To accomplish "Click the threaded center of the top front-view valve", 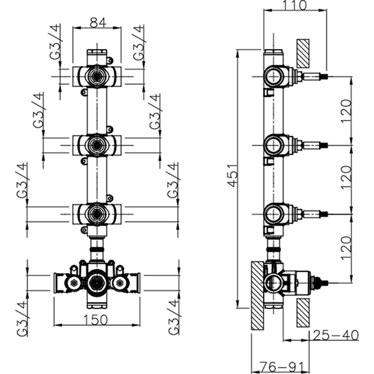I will pyautogui.click(x=97, y=75).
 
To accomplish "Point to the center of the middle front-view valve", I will pyautogui.click(x=97, y=143).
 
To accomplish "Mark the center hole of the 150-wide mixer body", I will pyautogui.click(x=97, y=280).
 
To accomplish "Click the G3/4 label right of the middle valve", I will pyautogui.click(x=155, y=113).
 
